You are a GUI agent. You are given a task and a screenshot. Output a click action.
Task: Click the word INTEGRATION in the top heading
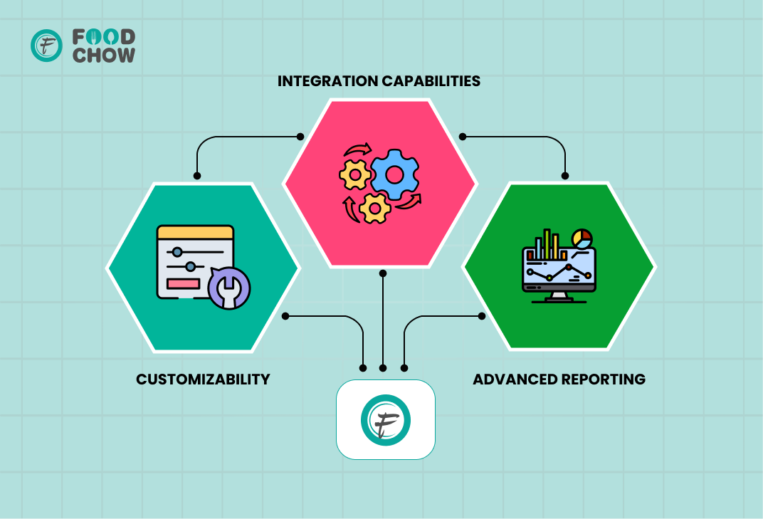pos(327,81)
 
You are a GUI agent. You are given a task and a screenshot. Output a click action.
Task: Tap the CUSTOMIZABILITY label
pos(203,379)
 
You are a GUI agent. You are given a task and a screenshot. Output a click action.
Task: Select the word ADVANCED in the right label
pos(514,379)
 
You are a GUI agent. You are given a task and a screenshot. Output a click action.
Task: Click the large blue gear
pos(394,174)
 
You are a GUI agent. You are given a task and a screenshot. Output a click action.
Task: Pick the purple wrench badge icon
pos(228,288)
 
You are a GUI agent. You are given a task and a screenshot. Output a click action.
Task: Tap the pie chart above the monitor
pos(582,239)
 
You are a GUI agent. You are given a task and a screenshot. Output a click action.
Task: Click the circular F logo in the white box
pos(386,419)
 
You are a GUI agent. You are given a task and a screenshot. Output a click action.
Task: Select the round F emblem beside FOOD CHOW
pos(47,46)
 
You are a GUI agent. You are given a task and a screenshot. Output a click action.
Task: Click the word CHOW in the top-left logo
pos(104,55)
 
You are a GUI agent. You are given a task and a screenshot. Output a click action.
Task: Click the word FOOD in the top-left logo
pos(104,36)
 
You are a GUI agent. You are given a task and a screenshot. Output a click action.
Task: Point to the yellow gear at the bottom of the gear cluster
pos(374,209)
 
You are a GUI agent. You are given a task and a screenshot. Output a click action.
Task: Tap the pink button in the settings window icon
pos(183,283)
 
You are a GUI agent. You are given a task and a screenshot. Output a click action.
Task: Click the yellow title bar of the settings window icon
pos(195,232)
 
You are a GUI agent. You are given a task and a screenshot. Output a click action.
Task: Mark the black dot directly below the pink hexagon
pos(383,273)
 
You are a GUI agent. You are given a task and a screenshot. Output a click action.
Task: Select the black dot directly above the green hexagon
pos(565,176)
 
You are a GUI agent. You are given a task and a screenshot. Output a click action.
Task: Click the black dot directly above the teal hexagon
pos(197,176)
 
